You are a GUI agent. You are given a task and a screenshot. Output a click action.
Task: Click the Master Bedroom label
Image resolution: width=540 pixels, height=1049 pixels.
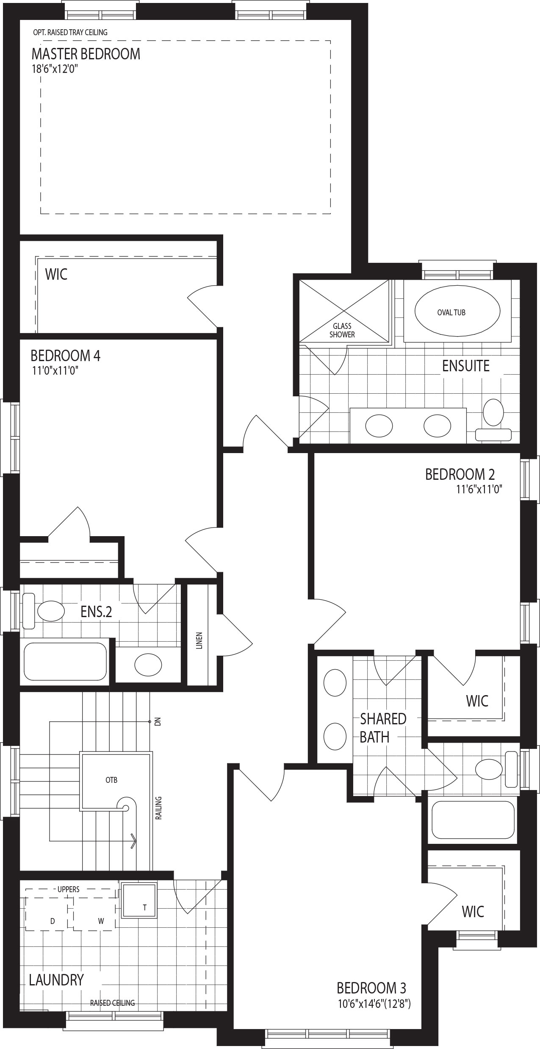86,54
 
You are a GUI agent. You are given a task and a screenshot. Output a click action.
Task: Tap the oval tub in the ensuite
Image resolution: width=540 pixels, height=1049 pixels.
457,312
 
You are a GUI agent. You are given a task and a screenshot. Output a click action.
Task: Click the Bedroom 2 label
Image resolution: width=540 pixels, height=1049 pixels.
460,474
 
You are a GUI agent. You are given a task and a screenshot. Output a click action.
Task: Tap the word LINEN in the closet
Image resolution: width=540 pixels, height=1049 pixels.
199,640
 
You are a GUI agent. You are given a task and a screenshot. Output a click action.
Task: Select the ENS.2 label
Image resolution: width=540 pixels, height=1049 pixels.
97,612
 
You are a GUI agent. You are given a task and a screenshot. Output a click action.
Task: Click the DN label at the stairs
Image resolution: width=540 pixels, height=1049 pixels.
158,722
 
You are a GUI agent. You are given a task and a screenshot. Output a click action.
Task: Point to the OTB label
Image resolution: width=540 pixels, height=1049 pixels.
112,780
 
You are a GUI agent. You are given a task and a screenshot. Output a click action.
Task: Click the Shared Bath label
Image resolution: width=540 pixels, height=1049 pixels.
383,728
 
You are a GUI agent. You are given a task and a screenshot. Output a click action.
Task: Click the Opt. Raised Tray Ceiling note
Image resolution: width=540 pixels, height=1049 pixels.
70,32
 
